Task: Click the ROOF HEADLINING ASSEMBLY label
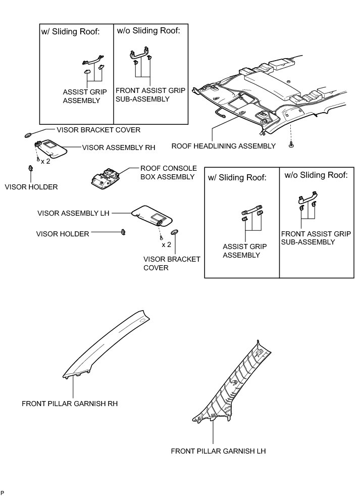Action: tap(224, 146)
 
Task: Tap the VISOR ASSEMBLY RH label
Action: tap(118, 147)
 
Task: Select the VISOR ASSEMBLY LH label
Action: tap(73, 213)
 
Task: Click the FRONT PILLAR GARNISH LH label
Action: tap(218, 451)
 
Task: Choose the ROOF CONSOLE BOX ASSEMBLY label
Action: tap(167, 173)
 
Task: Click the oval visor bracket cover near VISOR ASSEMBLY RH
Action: tap(29, 135)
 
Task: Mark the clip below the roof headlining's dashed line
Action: tap(291, 145)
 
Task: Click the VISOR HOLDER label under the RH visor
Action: tap(31, 187)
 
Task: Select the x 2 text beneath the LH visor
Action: tap(166, 245)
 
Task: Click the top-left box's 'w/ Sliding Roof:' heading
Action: tap(70, 31)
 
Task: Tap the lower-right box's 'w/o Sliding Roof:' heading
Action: tap(316, 176)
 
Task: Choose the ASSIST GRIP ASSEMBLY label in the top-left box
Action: tap(81, 96)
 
